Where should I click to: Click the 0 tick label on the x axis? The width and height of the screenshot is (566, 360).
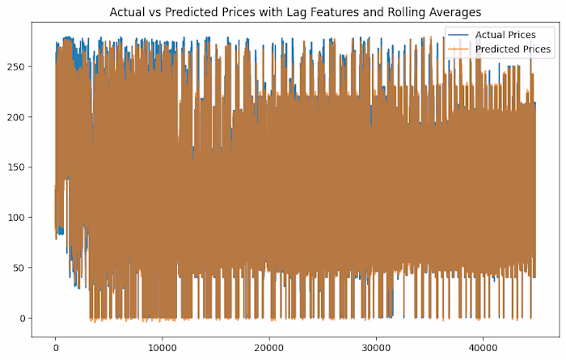(x=55, y=348)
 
